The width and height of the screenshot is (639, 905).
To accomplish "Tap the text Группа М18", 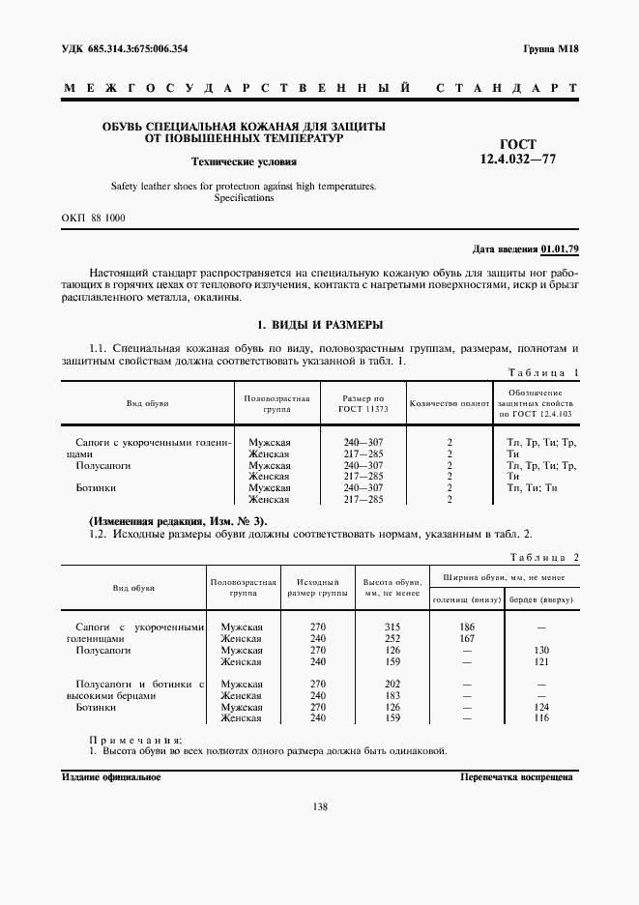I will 551,47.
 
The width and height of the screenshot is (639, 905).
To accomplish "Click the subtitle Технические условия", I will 243,162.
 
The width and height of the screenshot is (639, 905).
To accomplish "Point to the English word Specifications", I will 243,197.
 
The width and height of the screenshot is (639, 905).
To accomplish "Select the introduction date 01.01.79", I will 560,249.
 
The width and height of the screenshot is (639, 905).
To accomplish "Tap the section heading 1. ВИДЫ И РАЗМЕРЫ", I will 319,324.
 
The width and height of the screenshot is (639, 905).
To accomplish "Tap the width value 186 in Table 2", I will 467,628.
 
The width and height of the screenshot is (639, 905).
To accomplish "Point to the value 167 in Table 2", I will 467,639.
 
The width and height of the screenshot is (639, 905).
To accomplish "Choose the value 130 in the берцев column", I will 541,651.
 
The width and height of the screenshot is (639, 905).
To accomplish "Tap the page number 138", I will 319,807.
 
